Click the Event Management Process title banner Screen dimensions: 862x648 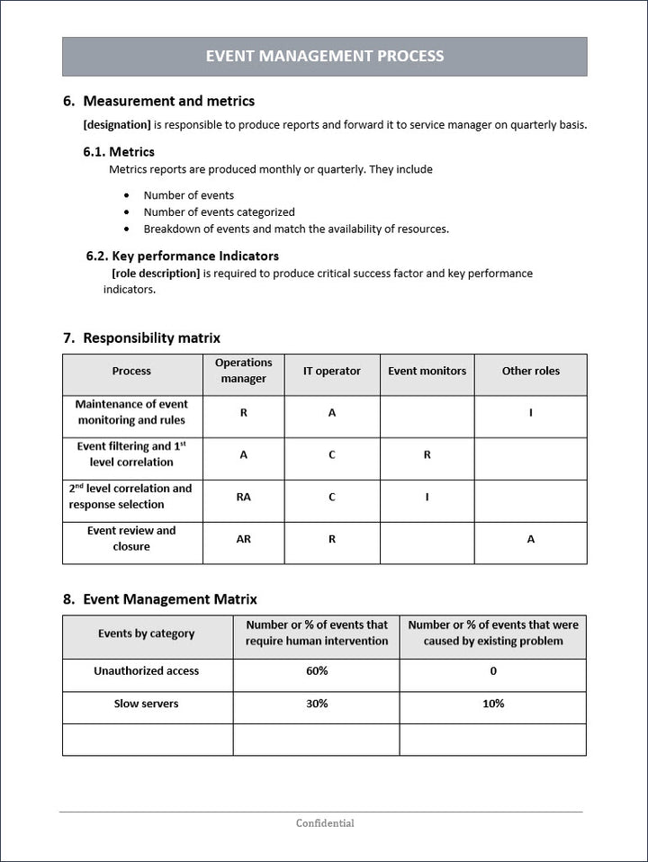click(324, 56)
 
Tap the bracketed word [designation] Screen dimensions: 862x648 click(117, 125)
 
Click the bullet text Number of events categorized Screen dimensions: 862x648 click(219, 212)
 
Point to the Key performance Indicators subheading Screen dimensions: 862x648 click(194, 256)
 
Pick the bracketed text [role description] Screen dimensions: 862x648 click(155, 274)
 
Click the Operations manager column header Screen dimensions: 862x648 click(243, 371)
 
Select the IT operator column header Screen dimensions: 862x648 click(331, 371)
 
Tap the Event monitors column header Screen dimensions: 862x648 click(427, 371)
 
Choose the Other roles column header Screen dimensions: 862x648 click(530, 371)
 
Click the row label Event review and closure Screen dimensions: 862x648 click(131, 539)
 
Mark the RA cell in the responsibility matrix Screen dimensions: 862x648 click(243, 497)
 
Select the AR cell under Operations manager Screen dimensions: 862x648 click(243, 539)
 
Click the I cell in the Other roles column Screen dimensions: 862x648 click(530, 413)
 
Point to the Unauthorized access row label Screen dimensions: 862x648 click(146, 671)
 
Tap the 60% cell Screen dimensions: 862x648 click(317, 671)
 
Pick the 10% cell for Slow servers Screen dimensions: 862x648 click(493, 704)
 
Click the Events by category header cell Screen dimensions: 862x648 click(146, 633)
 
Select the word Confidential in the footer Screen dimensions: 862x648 click(325, 823)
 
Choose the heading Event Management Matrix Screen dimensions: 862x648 click(169, 599)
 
